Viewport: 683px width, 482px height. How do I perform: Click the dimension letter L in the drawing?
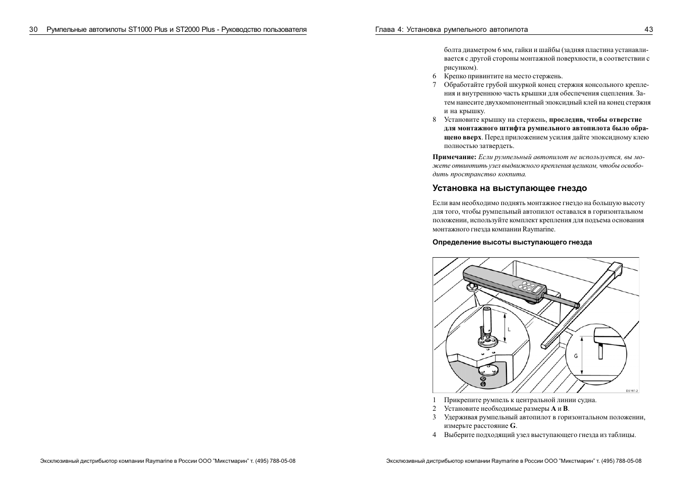(x=509, y=329)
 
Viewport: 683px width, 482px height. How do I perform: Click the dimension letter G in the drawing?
(x=575, y=356)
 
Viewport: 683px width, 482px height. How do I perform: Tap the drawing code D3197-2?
(x=631, y=390)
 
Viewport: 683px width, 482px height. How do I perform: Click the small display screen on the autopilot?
(x=519, y=283)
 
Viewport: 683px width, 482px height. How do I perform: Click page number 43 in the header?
(x=648, y=29)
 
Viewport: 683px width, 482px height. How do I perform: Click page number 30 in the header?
(x=34, y=29)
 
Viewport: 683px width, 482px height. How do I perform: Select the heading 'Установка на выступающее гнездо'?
(x=509, y=188)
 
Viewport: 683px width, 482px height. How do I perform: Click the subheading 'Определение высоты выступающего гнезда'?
(x=512, y=242)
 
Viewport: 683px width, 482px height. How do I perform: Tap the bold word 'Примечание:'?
(x=454, y=157)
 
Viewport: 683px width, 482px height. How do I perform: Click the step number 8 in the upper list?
(x=434, y=120)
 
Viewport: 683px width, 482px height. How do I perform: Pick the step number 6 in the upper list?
(x=434, y=76)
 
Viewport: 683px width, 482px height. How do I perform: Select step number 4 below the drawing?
(x=434, y=435)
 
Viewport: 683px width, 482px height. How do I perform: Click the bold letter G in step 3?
(x=513, y=426)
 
